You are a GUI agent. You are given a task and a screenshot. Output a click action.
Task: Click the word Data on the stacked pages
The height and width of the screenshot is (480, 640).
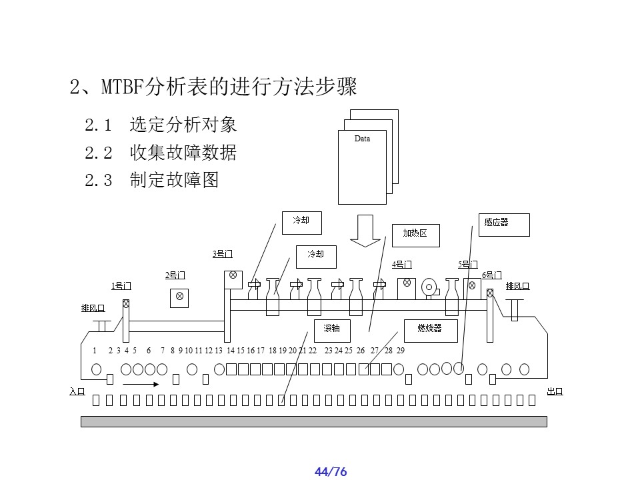[x=362, y=139]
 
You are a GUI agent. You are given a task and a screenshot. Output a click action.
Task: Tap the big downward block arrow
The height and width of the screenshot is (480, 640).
[x=365, y=230]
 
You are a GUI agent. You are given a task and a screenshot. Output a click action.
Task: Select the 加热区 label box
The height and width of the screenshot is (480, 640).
[x=414, y=233]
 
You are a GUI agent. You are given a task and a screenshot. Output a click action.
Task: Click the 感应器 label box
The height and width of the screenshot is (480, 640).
[x=503, y=225]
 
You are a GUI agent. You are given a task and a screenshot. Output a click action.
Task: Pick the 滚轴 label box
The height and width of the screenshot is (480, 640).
[x=332, y=329]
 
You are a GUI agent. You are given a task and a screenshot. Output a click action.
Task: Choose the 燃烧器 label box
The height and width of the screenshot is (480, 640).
[x=431, y=329]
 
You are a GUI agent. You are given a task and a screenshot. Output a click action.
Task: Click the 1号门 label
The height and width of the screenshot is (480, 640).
[x=121, y=286]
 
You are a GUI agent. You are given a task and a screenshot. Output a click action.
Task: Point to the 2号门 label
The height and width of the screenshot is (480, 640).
[x=175, y=275]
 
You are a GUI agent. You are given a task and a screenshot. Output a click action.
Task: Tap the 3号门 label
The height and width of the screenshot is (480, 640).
[x=223, y=253]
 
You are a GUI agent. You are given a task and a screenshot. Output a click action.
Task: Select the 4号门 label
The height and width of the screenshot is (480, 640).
[x=402, y=264]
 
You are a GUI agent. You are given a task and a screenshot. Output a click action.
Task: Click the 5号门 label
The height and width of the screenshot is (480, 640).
[x=468, y=264]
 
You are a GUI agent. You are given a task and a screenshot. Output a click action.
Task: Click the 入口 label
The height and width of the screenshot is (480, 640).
[x=77, y=391]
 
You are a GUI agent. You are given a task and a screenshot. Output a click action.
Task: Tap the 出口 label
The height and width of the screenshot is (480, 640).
[x=555, y=391]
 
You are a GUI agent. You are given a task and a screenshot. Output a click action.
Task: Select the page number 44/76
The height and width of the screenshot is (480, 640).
[x=331, y=472]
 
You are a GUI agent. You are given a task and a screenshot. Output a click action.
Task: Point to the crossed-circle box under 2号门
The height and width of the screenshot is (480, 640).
[x=179, y=297]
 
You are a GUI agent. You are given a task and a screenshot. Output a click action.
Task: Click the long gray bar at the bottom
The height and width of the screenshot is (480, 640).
[x=313, y=421]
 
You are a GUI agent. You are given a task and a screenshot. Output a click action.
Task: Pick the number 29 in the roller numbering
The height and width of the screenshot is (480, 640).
[x=400, y=351]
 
